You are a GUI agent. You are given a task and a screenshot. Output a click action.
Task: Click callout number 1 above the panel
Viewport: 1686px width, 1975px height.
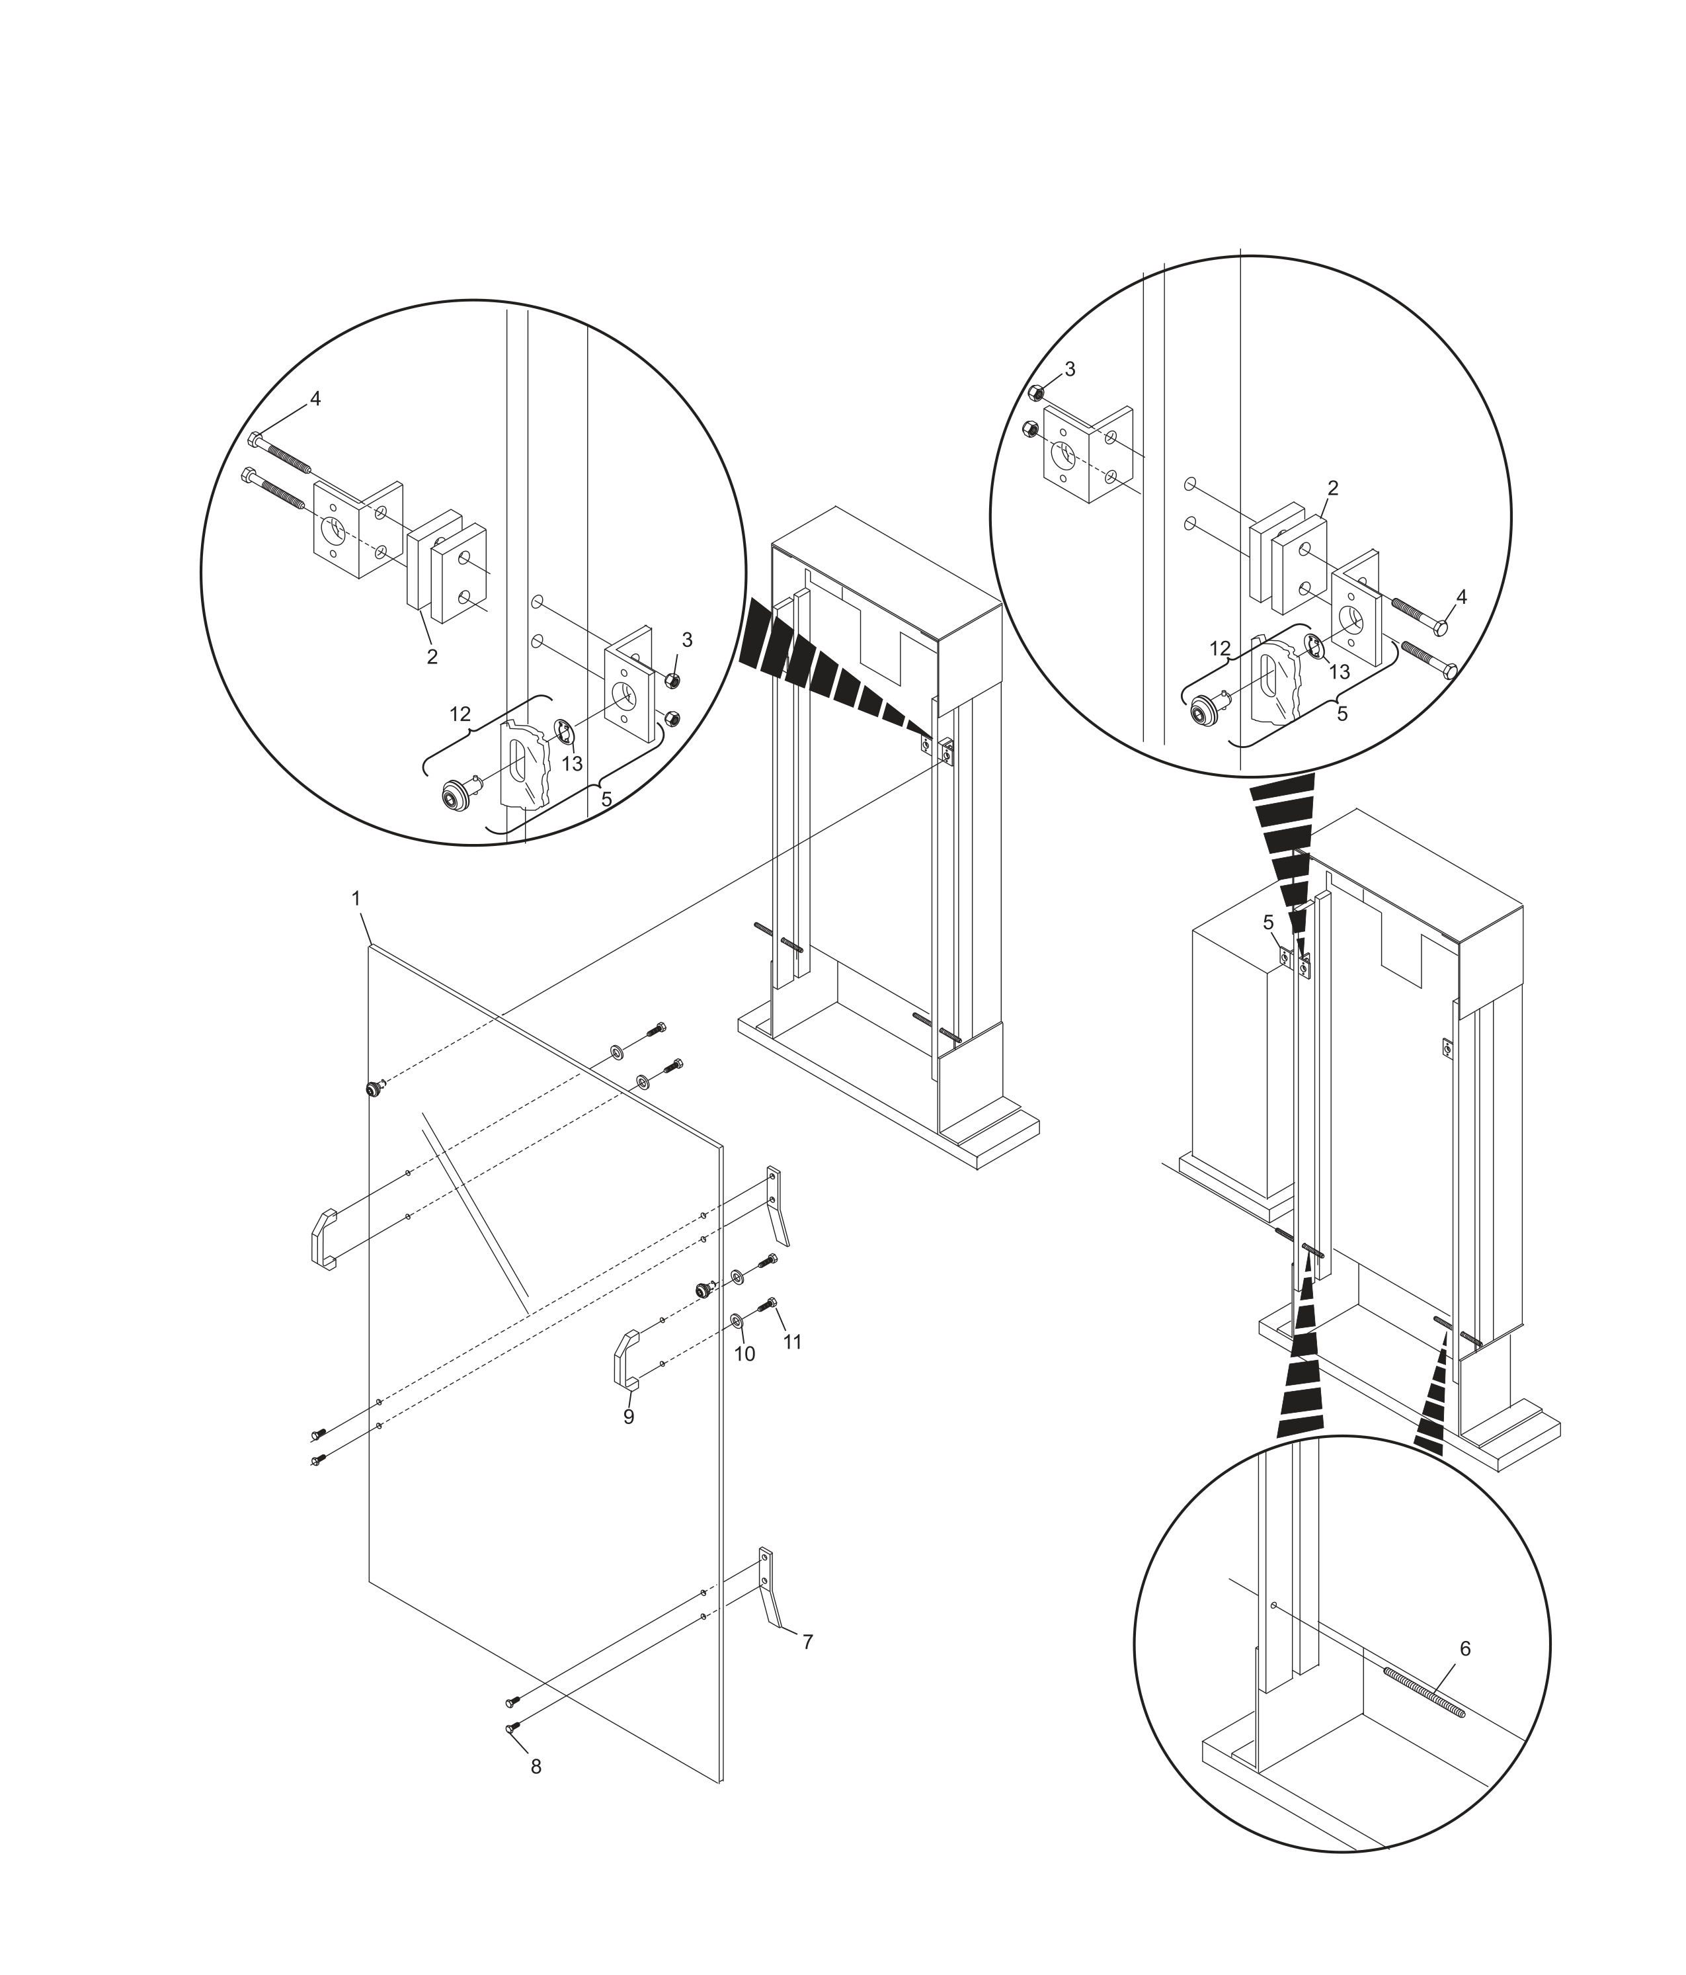[356, 898]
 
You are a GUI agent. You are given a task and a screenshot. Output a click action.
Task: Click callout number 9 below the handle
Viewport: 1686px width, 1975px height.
[628, 1417]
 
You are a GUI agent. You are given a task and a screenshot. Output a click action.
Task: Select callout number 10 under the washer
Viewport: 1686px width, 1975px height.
[744, 1353]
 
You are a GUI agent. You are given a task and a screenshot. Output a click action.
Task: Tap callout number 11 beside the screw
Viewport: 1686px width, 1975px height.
[792, 1341]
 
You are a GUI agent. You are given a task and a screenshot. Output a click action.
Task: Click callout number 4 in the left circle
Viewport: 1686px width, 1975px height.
[315, 398]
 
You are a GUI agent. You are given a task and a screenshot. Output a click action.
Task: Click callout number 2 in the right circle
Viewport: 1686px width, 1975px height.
[1332, 488]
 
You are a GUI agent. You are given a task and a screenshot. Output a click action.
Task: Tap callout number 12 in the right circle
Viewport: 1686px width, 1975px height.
[1220, 648]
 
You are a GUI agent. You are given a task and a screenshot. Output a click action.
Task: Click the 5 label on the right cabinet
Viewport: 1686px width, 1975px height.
[1267, 922]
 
